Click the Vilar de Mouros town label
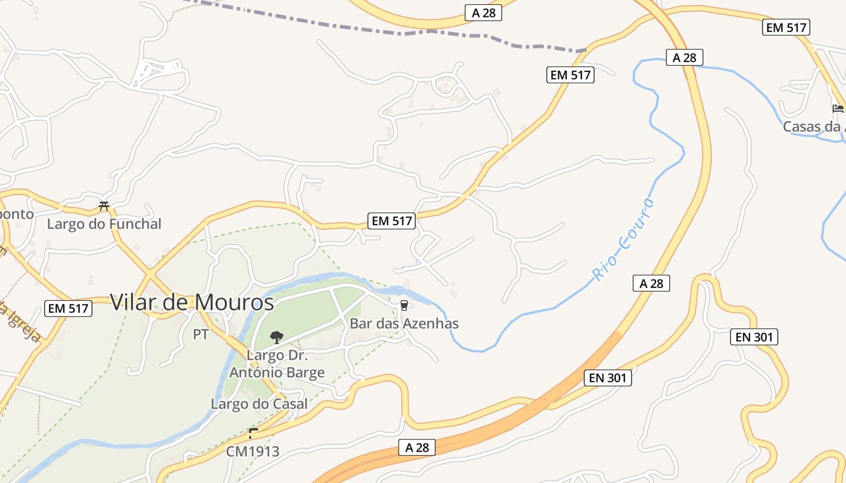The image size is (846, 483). pyautogui.click(x=192, y=302)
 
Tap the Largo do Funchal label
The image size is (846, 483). pyautogui.click(x=105, y=224)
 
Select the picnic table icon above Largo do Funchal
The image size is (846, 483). pyautogui.click(x=104, y=206)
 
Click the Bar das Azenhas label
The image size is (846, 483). pyautogui.click(x=404, y=324)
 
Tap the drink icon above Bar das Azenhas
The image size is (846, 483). pyautogui.click(x=404, y=305)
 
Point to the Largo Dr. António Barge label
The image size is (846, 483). pyautogui.click(x=277, y=363)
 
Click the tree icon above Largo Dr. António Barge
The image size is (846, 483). pyautogui.click(x=277, y=337)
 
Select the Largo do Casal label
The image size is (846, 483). pyautogui.click(x=259, y=404)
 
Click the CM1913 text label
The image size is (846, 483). pyautogui.click(x=253, y=451)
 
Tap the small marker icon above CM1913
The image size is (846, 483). pyautogui.click(x=253, y=433)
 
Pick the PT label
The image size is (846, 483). pyautogui.click(x=201, y=334)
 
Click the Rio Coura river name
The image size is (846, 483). pyautogui.click(x=623, y=240)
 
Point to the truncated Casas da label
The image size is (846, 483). pyautogui.click(x=813, y=127)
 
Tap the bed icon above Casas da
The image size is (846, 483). pyautogui.click(x=838, y=109)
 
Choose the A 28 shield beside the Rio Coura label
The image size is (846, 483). pyautogui.click(x=651, y=283)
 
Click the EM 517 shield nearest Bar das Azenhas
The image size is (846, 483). pyautogui.click(x=392, y=221)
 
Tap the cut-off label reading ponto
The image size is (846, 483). pyautogui.click(x=16, y=214)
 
